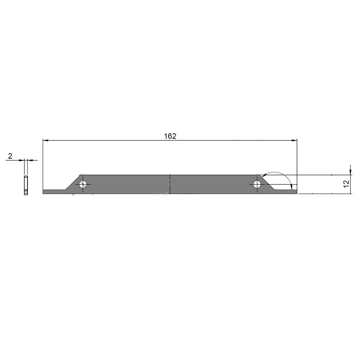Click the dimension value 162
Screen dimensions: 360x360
(x=170, y=136)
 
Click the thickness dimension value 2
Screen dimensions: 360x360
(x=10, y=156)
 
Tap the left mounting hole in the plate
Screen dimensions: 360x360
(x=83, y=184)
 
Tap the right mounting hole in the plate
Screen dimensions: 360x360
(x=257, y=184)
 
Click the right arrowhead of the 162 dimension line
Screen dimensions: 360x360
(x=294, y=140)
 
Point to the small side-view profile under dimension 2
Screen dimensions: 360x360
(x=26, y=186)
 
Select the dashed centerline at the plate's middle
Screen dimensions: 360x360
(x=170, y=184)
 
